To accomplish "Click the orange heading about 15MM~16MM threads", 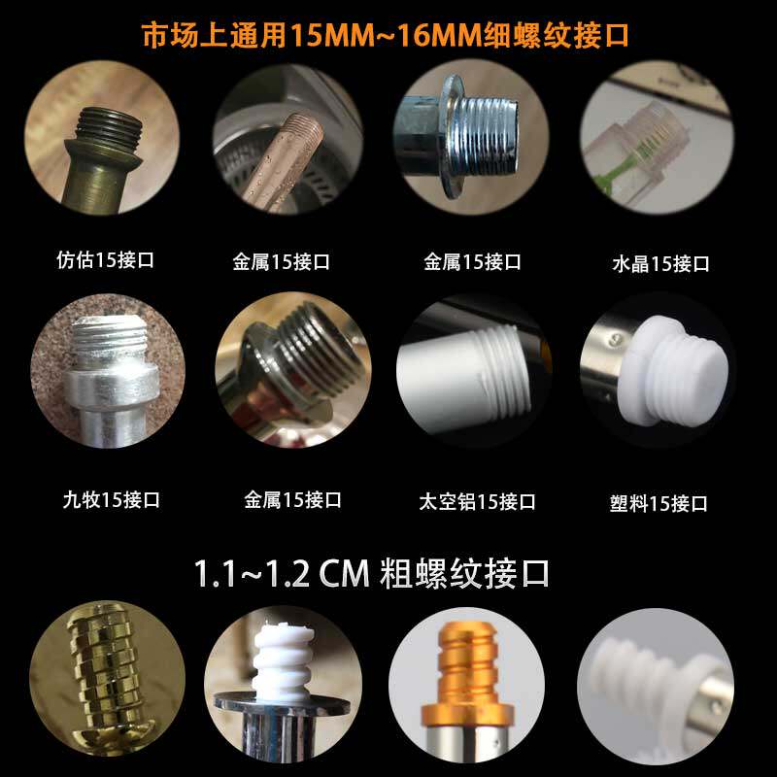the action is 385,36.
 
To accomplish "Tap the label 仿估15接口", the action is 105,259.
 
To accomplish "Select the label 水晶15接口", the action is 660,263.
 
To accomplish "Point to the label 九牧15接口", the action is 111,499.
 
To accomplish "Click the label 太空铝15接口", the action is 477,501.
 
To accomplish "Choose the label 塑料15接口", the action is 659,503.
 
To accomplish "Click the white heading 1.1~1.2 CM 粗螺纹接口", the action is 372,573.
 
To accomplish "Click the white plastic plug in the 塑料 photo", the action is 674,372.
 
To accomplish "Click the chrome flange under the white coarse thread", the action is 282,705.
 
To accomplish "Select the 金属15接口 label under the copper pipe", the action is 282,261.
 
